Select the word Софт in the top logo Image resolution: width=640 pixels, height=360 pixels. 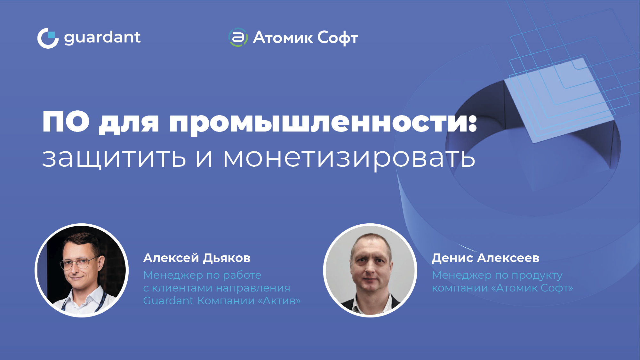pyautogui.click(x=338, y=38)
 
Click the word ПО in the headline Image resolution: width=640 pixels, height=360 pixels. pyautogui.click(x=66, y=122)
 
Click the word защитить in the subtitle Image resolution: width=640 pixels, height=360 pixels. pyautogui.click(x=114, y=157)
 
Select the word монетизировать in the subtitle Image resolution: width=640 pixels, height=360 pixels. pyautogui.click(x=349, y=157)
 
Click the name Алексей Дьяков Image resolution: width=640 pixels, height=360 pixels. pyautogui.click(x=197, y=258)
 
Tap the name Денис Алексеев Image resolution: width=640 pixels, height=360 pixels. pyautogui.click(x=485, y=258)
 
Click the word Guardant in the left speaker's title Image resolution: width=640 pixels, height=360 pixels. pyautogui.click(x=168, y=301)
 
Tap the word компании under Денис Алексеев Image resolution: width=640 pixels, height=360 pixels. pyautogui.click(x=460, y=288)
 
